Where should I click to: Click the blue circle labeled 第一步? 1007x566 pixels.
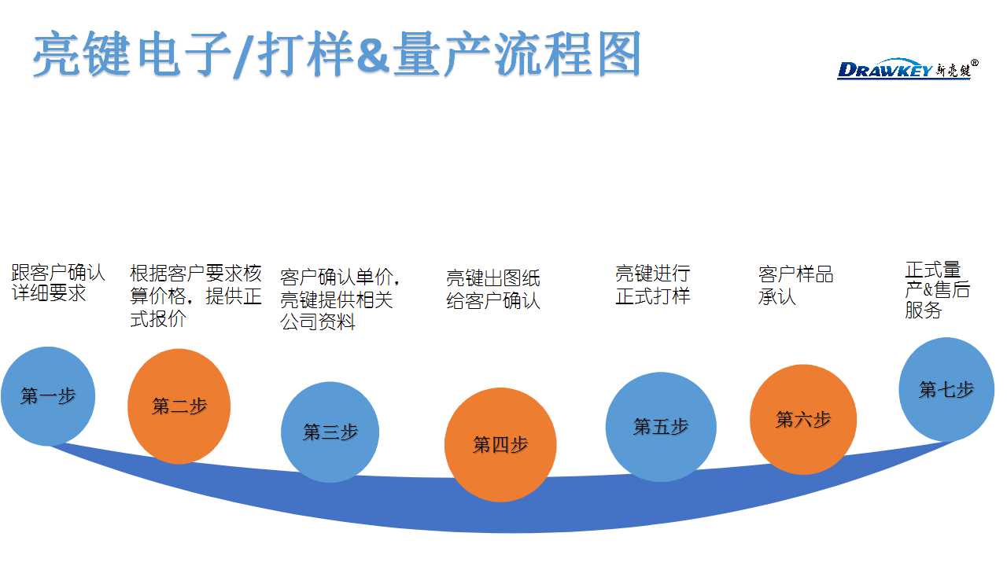[48, 395]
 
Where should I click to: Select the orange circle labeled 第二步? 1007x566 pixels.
[179, 406]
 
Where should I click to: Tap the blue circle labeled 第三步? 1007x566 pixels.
[330, 432]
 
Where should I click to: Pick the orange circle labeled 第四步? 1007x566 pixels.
[500, 444]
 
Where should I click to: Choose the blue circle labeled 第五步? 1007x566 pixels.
[661, 427]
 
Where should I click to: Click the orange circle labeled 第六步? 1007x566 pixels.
[803, 419]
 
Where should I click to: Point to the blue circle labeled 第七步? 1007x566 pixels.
[946, 389]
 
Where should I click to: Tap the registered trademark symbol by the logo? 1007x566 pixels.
[975, 63]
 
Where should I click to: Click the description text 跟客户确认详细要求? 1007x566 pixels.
[57, 283]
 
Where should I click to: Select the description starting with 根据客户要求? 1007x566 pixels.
[195, 296]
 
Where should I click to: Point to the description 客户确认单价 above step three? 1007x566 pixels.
[341, 300]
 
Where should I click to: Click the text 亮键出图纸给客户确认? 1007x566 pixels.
[493, 289]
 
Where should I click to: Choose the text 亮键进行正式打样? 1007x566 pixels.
[652, 285]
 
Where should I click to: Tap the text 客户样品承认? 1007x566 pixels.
[795, 285]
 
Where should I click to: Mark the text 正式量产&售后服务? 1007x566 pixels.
[937, 290]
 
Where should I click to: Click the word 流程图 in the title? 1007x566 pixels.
[566, 55]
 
